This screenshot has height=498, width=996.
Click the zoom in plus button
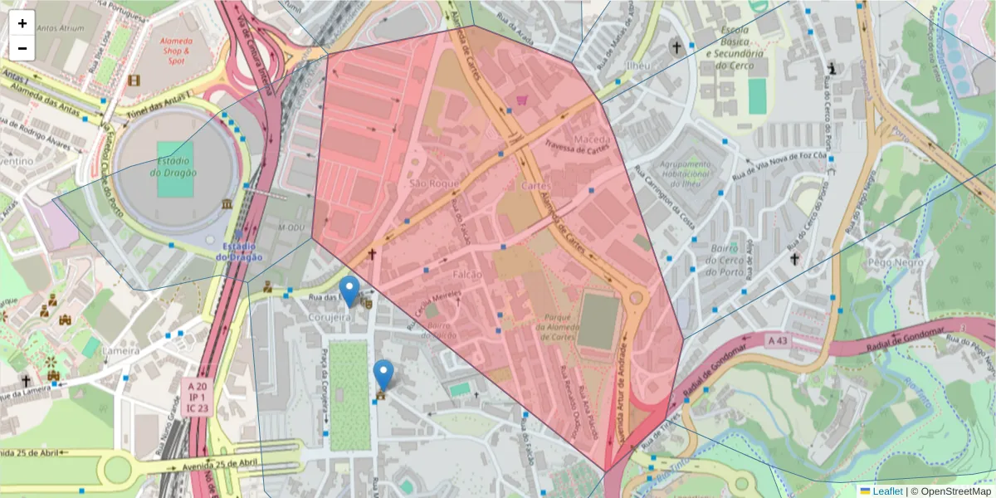(x=22, y=24)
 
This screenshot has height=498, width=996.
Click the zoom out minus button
(x=22, y=48)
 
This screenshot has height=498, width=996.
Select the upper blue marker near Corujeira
(x=350, y=291)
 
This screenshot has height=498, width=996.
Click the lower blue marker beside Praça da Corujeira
(x=383, y=374)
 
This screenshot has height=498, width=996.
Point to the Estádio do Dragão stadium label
(x=173, y=166)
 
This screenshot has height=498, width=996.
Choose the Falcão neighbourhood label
(x=468, y=273)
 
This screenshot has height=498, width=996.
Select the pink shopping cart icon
(x=521, y=100)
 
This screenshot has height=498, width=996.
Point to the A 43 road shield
(x=778, y=339)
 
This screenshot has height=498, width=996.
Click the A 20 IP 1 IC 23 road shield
(x=197, y=397)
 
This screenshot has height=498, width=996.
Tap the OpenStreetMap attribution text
(x=951, y=491)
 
